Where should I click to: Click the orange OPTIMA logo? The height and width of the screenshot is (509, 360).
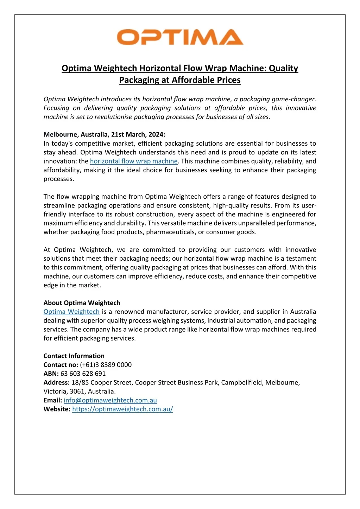coord(180,37)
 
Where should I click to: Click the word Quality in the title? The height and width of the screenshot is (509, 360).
coord(283,68)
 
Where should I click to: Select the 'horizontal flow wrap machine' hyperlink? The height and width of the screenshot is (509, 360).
coord(134,161)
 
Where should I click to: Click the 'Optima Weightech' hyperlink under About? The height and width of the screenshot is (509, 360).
coord(71,312)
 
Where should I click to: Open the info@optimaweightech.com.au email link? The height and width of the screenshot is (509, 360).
coord(110,400)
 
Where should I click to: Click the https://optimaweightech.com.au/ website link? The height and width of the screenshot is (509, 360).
coord(122,409)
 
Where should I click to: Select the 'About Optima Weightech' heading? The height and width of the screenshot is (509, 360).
coord(82,303)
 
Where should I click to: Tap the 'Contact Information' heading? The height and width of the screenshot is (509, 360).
coord(74,356)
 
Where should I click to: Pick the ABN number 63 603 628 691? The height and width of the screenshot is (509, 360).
coord(83,374)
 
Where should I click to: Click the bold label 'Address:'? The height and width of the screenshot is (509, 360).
coord(56,382)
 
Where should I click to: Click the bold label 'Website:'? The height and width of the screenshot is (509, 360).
coord(57,409)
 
